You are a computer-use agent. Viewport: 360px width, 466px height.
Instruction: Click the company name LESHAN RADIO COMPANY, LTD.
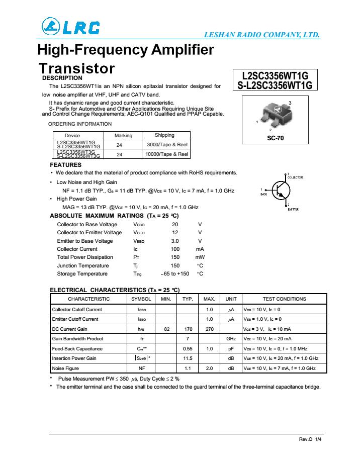pos(261,35)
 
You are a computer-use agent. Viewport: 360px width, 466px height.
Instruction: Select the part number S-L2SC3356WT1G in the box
pos(275,85)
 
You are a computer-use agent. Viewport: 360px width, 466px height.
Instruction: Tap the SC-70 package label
pos(274,137)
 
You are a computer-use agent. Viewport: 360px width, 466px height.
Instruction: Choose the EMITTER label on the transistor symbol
pos(293,209)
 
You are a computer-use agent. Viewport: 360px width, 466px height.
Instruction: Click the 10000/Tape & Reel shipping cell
pos(167,154)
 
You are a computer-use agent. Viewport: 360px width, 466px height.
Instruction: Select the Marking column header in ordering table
pos(123,136)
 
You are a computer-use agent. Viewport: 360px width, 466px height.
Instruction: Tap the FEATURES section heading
pos(66,165)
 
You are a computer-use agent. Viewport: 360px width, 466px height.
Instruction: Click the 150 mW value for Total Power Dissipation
pos(175,257)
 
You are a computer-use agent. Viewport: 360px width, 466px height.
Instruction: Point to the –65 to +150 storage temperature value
pos(174,273)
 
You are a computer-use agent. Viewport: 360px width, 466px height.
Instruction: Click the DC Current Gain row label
pos(70,329)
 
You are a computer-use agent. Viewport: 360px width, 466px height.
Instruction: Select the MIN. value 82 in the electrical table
pos(167,329)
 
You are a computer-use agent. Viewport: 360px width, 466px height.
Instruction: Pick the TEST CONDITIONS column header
pos(284,299)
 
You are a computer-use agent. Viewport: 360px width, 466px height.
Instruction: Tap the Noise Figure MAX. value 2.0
pos(210,368)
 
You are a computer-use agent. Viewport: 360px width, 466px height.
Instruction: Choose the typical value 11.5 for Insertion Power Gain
pos(188,358)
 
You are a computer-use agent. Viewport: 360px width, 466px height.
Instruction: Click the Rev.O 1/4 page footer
pos(310,439)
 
